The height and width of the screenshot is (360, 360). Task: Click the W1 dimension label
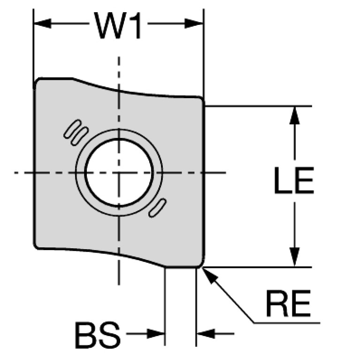[118, 25]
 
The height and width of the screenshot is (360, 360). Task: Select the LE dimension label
[294, 180]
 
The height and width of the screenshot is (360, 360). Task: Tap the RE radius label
[288, 304]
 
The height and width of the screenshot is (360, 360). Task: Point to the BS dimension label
[98, 335]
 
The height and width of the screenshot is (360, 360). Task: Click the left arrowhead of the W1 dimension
[42, 23]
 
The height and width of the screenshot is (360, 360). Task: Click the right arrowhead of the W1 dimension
[193, 23]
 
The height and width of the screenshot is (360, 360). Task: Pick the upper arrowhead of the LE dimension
[295, 115]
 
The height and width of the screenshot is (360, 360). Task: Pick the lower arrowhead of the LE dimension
[295, 257]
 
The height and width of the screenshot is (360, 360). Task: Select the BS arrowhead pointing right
[156, 333]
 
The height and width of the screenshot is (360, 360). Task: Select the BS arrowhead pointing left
[206, 333]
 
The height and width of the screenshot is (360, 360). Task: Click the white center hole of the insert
[119, 173]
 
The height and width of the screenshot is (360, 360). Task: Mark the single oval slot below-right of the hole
[158, 208]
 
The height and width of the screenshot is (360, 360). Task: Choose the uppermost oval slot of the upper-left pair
[72, 129]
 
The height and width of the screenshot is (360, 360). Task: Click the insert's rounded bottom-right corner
[201, 264]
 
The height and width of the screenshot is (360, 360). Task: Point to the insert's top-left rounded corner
[37, 81]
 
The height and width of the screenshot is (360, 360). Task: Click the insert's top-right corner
[201, 99]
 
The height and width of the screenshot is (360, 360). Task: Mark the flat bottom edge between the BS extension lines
[181, 267]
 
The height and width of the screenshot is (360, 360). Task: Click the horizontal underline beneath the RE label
[287, 323]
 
